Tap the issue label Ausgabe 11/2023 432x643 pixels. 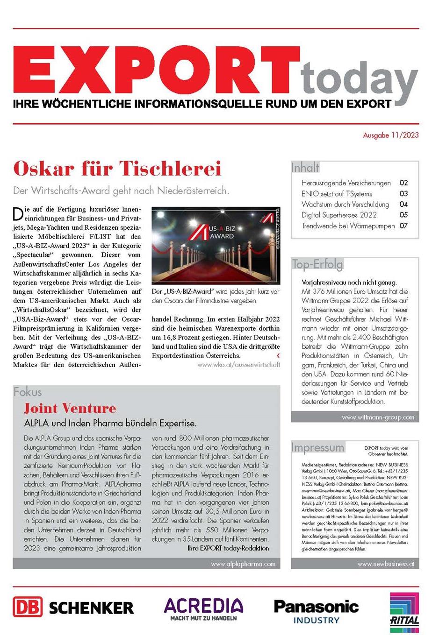pos(390,135)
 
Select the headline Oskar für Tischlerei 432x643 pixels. pos(117,169)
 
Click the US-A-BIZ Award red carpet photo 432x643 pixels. pos(216,246)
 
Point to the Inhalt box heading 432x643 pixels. pos(305,168)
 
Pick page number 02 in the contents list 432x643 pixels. pos(403,183)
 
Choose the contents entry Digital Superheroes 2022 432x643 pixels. pos(339,215)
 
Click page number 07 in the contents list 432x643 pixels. pos(403,226)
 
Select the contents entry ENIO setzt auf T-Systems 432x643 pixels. pos(337,194)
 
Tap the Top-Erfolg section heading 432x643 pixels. pos(317,264)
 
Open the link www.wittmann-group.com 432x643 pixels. pos(378,417)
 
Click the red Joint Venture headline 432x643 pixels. pos(70,408)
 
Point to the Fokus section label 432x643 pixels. pos(28,392)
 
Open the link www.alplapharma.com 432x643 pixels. pos(243,564)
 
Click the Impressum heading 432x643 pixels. pos(318,447)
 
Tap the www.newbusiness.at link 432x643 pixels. pos(386,564)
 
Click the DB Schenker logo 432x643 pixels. pos(73,607)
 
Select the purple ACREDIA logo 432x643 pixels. pos(203,608)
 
